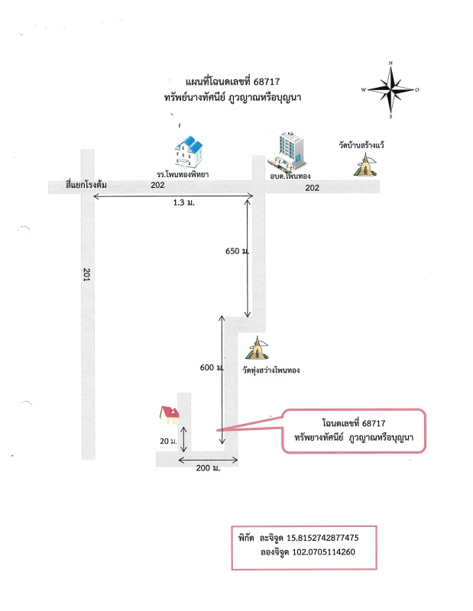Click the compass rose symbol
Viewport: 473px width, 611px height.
click(x=390, y=89)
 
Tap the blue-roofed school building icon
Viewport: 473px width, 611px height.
click(x=189, y=152)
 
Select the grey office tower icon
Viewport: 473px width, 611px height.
click(x=288, y=153)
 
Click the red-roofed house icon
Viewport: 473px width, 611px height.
click(x=170, y=415)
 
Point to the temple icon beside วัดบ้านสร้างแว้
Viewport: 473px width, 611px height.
click(x=365, y=165)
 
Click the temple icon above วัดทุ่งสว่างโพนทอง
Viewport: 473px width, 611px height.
click(x=257, y=348)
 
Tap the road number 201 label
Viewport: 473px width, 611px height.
click(x=87, y=274)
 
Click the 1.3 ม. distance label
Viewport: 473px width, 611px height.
click(x=184, y=202)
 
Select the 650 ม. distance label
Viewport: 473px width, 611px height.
click(x=237, y=251)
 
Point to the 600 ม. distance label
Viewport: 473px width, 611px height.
click(x=212, y=367)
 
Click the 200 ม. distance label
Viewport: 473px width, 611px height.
click(x=209, y=468)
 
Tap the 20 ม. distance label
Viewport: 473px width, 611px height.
click(x=168, y=441)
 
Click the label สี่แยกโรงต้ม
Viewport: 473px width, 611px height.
click(x=86, y=185)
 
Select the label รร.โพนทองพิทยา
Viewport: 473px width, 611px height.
click(x=183, y=174)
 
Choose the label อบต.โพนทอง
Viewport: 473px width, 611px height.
click(x=290, y=176)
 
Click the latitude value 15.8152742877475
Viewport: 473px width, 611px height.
click(x=323, y=538)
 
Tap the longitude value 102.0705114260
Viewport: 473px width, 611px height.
click(x=324, y=551)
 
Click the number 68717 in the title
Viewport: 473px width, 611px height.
click(x=267, y=82)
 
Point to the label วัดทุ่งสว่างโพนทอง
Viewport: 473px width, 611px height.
click(x=271, y=370)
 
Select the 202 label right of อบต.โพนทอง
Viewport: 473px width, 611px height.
click(x=312, y=188)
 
